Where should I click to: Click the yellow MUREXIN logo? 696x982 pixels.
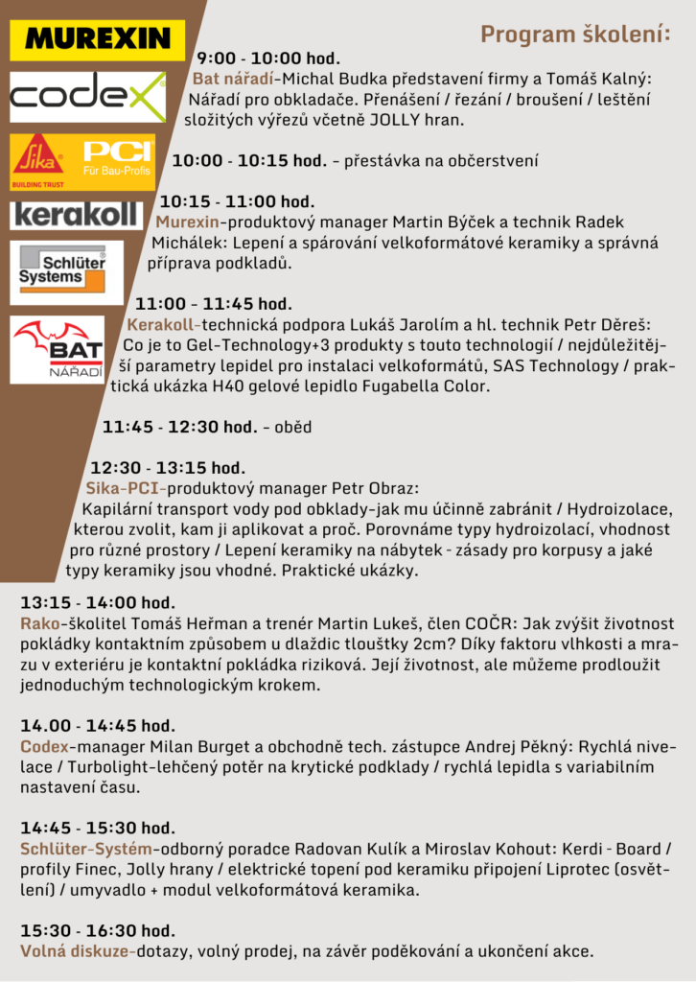pyautogui.click(x=97, y=38)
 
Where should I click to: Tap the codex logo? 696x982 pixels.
pyautogui.click(x=87, y=96)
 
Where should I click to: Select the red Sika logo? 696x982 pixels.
pyautogui.click(x=38, y=159)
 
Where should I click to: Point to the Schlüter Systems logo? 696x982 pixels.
pyautogui.click(x=66, y=271)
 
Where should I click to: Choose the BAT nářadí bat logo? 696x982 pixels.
pyautogui.click(x=58, y=349)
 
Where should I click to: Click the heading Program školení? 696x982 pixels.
pyautogui.click(x=575, y=35)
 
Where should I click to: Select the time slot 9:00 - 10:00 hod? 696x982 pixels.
pyautogui.click(x=268, y=58)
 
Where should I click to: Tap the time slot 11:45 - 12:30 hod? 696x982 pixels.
pyautogui.click(x=179, y=427)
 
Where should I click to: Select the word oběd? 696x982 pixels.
pyautogui.click(x=292, y=427)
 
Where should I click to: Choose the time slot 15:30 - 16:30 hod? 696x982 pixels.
pyautogui.click(x=98, y=930)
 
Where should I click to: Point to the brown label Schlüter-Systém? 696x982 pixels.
pyautogui.click(x=86, y=849)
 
